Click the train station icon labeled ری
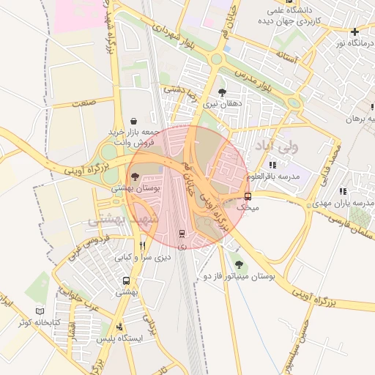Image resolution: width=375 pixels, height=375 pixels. coord(182,234)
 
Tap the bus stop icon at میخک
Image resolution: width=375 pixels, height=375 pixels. coord(248,196)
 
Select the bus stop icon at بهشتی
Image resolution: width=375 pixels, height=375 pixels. coord(127,281)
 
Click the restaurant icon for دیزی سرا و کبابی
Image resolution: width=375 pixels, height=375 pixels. coord(143,246)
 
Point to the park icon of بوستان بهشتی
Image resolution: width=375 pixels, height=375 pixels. coord(134,177)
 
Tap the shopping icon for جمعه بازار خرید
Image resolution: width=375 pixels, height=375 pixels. coord(133,121)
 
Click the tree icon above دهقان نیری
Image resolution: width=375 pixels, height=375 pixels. coord(222,93)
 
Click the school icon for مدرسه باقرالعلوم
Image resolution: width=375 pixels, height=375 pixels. coord(273,166)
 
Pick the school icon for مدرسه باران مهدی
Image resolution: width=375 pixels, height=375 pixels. coord(343,191)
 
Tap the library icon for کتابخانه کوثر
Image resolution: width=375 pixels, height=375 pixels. coord(40,311)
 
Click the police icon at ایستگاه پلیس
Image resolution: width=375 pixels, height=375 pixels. coord(120,327)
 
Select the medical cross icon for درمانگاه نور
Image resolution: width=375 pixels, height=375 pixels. coord(354,31)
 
